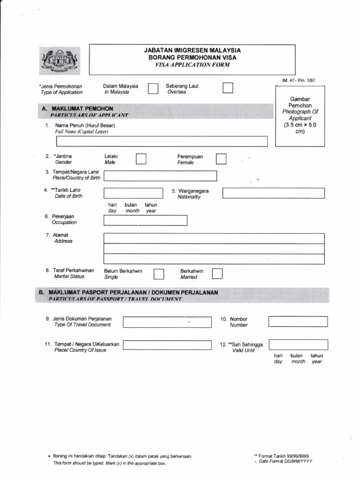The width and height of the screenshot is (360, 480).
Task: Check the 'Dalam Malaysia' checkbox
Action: (x=153, y=89)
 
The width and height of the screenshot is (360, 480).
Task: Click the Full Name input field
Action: (x=162, y=141)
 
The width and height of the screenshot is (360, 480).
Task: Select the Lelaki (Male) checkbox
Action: (x=141, y=159)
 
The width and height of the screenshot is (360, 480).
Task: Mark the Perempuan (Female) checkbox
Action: (x=221, y=159)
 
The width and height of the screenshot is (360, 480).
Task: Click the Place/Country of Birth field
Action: (x=160, y=176)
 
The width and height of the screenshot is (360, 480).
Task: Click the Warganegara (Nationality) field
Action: (x=273, y=193)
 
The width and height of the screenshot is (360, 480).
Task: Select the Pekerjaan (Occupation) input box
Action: (x=145, y=220)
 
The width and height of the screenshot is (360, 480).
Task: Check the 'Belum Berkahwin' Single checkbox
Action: (x=159, y=274)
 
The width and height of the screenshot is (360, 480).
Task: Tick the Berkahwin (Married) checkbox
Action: (x=217, y=274)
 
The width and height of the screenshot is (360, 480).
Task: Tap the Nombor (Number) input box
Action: (x=298, y=322)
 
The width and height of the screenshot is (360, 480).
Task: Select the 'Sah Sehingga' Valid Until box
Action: (x=298, y=345)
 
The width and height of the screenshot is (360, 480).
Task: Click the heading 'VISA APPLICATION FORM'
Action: (x=192, y=65)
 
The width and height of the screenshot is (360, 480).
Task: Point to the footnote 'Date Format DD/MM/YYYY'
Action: (x=285, y=461)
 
